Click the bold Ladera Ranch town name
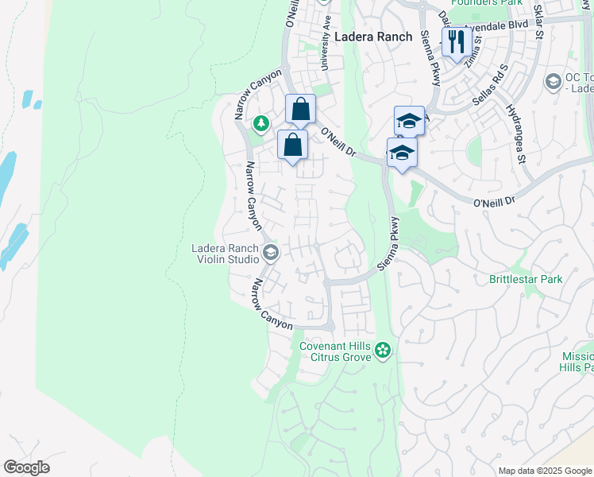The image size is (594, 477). coord(373,37)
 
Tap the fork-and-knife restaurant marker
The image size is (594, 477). coord(456,41)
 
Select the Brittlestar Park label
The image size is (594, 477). coord(526,279)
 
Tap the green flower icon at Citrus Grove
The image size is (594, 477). coord(383,350)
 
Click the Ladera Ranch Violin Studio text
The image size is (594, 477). coord(226,254)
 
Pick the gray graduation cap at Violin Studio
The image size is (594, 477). coord(271,253)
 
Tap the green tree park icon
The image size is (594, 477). coord(260,123)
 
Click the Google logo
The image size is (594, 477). coord(26,467)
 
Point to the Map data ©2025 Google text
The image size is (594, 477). coord(544,471)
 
